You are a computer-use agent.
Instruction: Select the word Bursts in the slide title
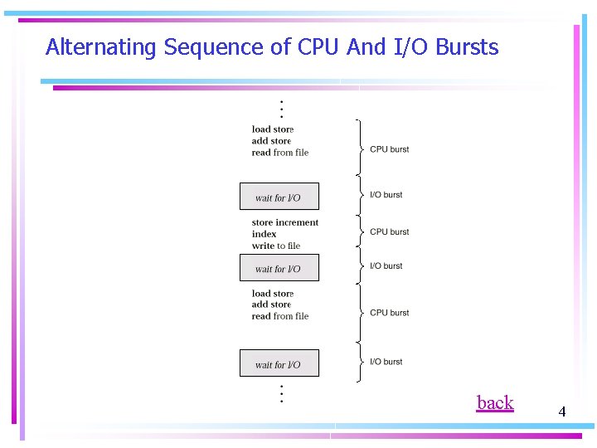pyautogui.click(x=467, y=47)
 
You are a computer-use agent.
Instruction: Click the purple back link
pyautogui.click(x=495, y=403)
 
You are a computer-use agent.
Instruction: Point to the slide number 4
pyautogui.click(x=561, y=411)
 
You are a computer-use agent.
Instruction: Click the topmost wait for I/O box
pyautogui.click(x=279, y=197)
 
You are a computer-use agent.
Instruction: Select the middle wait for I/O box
pyautogui.click(x=279, y=268)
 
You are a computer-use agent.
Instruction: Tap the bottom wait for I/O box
pyautogui.click(x=279, y=363)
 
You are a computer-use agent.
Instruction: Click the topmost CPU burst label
pyautogui.click(x=389, y=149)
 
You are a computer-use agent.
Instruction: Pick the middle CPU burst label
pyautogui.click(x=389, y=231)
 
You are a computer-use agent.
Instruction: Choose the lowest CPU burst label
pyautogui.click(x=389, y=313)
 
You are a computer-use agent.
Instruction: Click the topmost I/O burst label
pyautogui.click(x=386, y=195)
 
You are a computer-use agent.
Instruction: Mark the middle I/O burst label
pyautogui.click(x=386, y=266)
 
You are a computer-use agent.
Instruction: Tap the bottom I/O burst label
pyautogui.click(x=386, y=362)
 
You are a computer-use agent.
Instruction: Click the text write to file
pyautogui.click(x=276, y=246)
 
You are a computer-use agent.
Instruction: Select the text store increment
pyautogui.click(x=285, y=222)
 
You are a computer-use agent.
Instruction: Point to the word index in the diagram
pyautogui.click(x=265, y=234)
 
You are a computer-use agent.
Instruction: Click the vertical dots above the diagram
pyautogui.click(x=281, y=109)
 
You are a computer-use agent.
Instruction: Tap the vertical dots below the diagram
pyautogui.click(x=281, y=393)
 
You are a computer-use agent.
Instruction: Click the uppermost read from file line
pyautogui.click(x=280, y=153)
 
